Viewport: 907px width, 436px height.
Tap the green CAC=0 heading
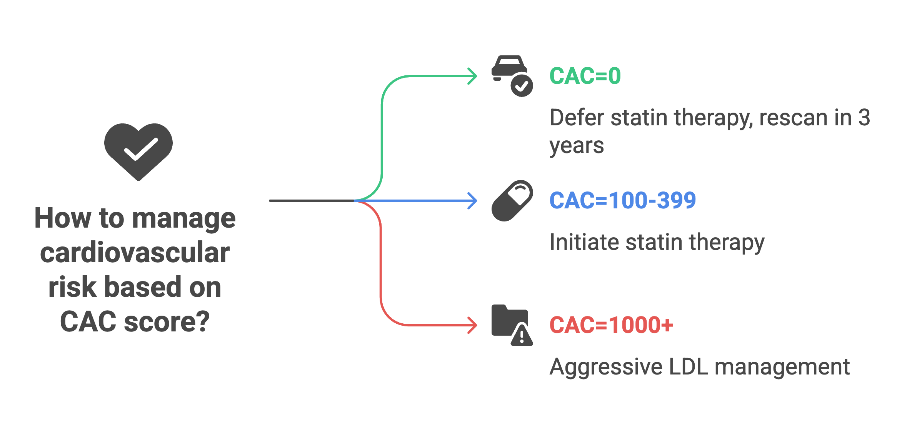click(x=585, y=76)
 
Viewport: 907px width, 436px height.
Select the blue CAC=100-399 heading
click(x=623, y=200)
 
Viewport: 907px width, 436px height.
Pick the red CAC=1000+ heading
click(x=611, y=325)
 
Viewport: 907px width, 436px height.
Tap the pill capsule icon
click(x=512, y=201)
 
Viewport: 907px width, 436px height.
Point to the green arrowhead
click(x=474, y=76)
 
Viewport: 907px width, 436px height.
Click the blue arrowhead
click(x=474, y=201)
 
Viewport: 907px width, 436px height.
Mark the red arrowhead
click(x=474, y=325)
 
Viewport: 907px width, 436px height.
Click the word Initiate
click(x=584, y=242)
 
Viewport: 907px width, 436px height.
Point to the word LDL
click(x=689, y=367)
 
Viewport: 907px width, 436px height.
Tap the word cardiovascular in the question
click(x=135, y=253)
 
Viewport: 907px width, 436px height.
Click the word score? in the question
click(x=167, y=321)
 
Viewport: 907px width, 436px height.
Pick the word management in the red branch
click(x=782, y=367)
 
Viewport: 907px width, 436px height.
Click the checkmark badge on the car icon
click(x=522, y=86)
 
